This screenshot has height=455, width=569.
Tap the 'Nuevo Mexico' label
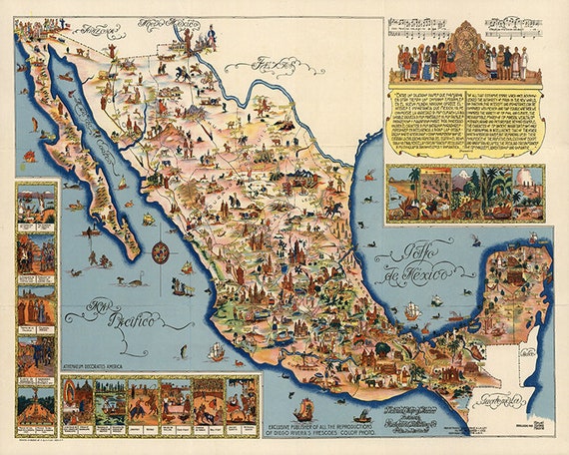(x=164, y=22)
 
